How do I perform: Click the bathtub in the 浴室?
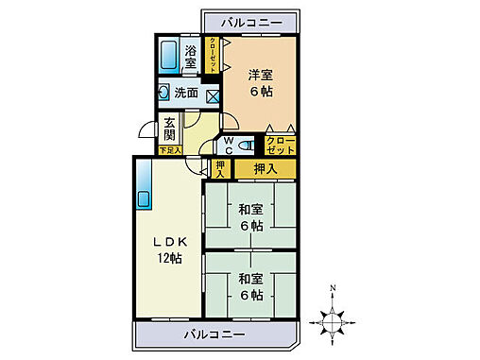click(x=170, y=57)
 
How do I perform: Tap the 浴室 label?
click(x=191, y=57)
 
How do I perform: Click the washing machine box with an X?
click(x=212, y=94)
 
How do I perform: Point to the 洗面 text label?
click(x=186, y=94)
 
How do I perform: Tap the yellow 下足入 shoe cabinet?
click(x=170, y=149)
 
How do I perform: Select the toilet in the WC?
click(x=246, y=146)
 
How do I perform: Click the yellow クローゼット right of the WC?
click(x=281, y=146)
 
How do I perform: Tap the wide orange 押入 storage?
click(x=265, y=169)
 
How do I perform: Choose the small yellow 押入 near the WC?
click(x=220, y=169)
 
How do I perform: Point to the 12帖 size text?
click(x=170, y=259)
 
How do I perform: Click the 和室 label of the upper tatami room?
click(x=251, y=209)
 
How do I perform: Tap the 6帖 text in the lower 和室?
click(x=251, y=294)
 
